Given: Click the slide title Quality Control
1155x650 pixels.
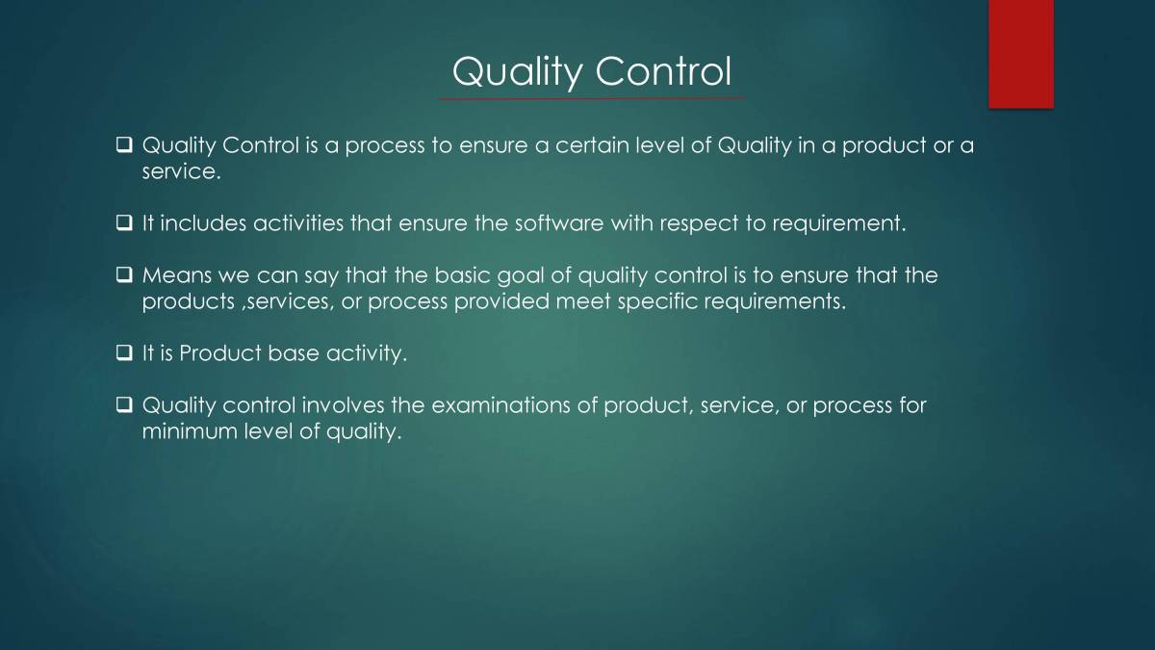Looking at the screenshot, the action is coord(591,71).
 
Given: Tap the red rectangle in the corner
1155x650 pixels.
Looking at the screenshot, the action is coord(1020,53).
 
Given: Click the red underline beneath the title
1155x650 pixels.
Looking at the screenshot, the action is coord(591,97).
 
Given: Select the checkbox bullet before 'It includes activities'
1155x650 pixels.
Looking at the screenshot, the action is coord(124,224).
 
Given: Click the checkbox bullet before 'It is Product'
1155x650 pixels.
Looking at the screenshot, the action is coord(124,354).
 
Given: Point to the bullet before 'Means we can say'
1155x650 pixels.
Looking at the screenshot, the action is coord(124,276).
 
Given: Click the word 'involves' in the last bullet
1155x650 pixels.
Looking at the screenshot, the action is coord(341,406).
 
